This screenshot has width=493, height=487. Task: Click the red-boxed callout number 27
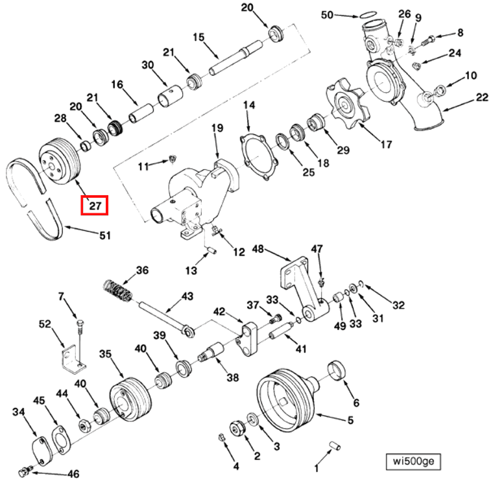click(x=93, y=206)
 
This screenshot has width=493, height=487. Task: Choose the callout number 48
click(x=258, y=249)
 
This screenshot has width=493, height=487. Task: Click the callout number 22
click(x=481, y=97)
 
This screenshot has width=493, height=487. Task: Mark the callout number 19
click(x=217, y=128)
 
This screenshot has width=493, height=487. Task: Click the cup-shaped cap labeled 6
click(x=339, y=372)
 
